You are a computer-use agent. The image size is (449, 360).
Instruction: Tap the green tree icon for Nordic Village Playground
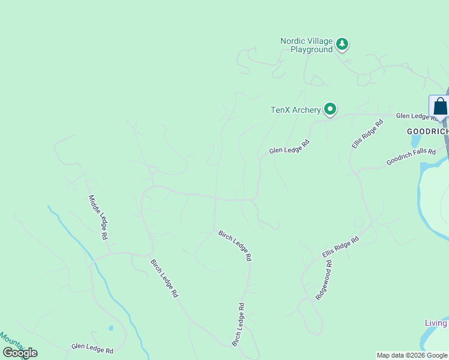coord(342,43)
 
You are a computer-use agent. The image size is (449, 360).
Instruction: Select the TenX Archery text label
coord(296,110)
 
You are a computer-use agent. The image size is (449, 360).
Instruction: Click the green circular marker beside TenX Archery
coord(330,109)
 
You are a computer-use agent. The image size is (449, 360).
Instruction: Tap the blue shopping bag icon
coord(440,106)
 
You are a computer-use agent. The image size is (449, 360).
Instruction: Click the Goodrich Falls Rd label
coord(411,157)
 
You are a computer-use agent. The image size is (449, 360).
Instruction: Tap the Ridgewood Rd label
coord(324,280)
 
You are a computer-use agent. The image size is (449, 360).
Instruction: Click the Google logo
coord(20,353)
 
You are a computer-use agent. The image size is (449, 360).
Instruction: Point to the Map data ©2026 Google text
coord(412,355)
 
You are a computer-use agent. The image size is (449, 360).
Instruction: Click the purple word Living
coord(436,323)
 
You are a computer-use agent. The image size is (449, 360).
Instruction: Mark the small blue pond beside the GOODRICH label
coord(416,140)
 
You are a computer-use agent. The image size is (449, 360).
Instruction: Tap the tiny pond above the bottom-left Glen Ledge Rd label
coord(110,328)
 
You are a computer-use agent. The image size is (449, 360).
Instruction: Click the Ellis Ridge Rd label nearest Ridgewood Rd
coord(340,247)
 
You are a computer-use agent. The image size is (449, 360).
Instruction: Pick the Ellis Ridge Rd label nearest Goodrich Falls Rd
coord(367,134)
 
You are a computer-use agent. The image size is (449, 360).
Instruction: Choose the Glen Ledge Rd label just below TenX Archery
coord(289,147)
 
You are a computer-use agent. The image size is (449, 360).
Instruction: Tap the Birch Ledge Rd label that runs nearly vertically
coord(238,324)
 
